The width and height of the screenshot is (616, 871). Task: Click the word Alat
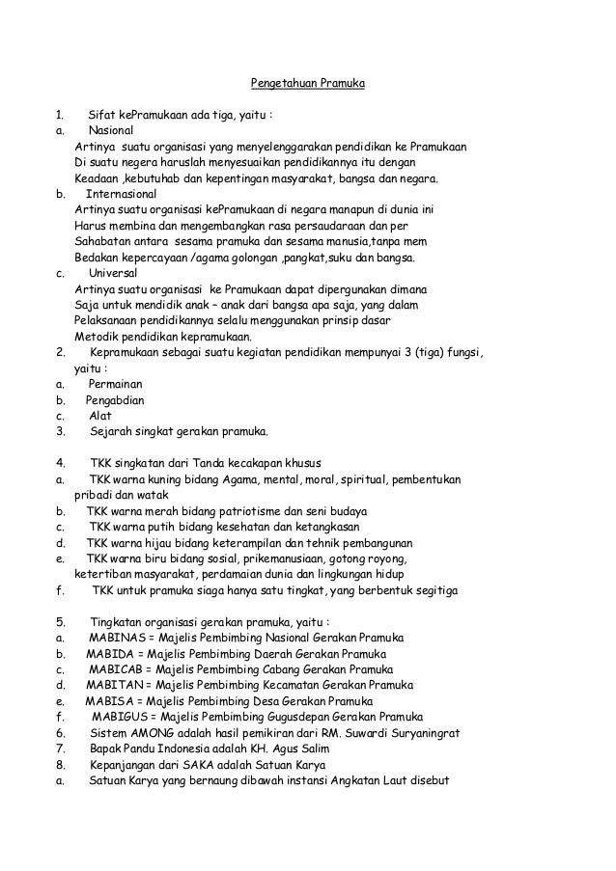tap(99, 416)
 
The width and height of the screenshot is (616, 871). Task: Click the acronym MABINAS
tap(119, 638)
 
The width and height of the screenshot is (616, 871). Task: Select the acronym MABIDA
tap(116, 653)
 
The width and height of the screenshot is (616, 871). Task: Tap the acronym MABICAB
tap(120, 668)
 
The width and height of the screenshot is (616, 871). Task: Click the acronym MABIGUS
tap(124, 717)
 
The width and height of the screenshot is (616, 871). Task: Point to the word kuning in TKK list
tap(171, 479)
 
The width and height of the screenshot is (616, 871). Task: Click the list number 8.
tap(60, 764)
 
